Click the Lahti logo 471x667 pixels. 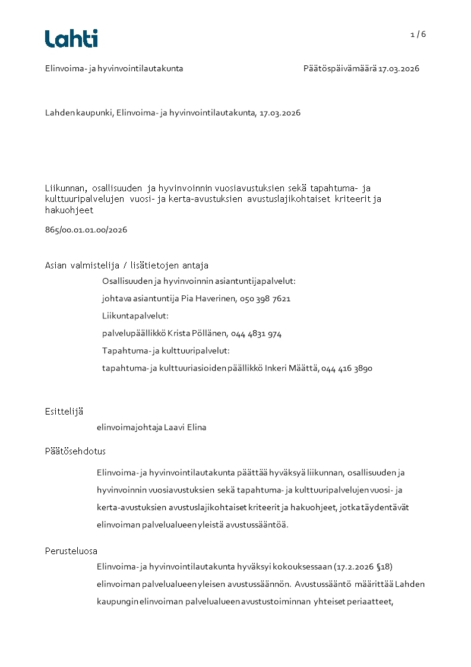[71, 39]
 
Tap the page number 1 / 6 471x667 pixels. [418, 34]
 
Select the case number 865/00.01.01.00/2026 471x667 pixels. [86, 229]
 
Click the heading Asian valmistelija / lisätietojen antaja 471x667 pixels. [127, 265]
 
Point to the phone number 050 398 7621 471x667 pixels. [265, 299]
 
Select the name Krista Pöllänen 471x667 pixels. [195, 334]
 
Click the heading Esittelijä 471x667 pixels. [64, 411]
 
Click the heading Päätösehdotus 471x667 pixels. [75, 451]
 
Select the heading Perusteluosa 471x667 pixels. [71, 551]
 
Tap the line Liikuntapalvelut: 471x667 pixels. [135, 316]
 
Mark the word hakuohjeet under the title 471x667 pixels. [69, 210]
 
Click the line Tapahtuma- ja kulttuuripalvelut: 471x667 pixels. [166, 351]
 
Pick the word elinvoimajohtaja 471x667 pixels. [125, 428]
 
